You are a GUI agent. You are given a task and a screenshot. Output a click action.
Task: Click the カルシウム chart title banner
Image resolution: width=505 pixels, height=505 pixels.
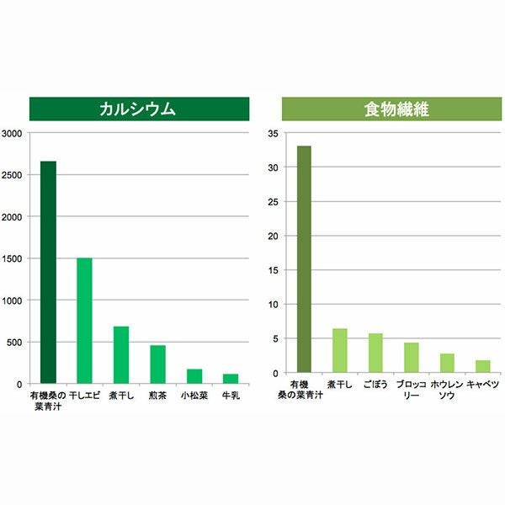[x=139, y=109]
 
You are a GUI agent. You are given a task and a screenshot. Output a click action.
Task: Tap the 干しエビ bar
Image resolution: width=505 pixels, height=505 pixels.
[x=84, y=320]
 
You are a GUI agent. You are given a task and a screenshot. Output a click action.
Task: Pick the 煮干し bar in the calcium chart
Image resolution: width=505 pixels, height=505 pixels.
[x=121, y=354]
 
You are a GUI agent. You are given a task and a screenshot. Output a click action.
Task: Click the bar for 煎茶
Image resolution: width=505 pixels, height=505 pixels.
[x=158, y=364]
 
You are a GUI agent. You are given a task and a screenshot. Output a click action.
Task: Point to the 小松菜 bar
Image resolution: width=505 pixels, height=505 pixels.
[x=194, y=375]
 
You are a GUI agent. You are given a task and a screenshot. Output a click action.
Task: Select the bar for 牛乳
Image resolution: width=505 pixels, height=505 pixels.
[x=231, y=378]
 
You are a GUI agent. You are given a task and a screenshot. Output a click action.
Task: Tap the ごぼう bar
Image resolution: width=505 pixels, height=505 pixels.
[x=375, y=353]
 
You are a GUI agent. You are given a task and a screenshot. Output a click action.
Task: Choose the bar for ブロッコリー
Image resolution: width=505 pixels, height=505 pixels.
[x=411, y=357]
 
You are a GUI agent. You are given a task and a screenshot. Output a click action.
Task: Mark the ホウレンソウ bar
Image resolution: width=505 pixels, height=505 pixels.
[x=447, y=363]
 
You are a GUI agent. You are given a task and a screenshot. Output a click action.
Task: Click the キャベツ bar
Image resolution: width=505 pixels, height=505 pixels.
[x=482, y=366]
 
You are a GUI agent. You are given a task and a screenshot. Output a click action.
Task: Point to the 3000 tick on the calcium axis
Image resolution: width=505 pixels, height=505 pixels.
[x=13, y=133]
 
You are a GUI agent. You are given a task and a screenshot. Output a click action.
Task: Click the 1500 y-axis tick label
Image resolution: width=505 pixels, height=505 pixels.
[x=13, y=258]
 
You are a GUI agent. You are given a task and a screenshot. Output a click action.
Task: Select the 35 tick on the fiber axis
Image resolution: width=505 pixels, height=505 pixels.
[x=271, y=133]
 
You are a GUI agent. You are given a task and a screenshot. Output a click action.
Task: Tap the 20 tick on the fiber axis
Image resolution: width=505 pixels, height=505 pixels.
[x=271, y=236]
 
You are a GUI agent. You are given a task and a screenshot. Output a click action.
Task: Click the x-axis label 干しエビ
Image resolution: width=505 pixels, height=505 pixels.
[x=84, y=393]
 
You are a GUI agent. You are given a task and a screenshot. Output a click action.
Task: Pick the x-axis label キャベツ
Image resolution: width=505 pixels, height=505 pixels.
[x=482, y=385]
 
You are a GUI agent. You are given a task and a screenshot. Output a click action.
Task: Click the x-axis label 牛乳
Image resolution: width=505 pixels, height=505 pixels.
[x=231, y=393]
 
